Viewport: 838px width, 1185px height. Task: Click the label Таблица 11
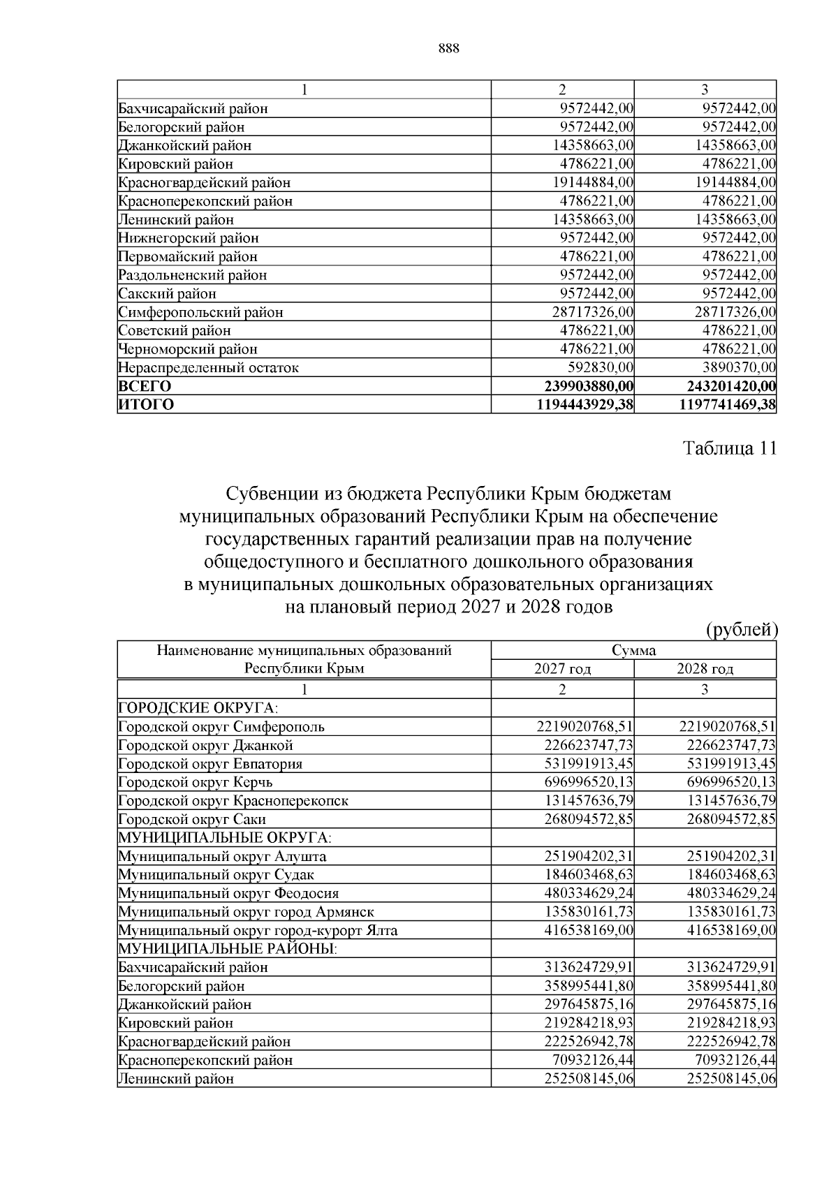click(x=729, y=448)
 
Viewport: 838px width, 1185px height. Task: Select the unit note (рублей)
click(x=741, y=630)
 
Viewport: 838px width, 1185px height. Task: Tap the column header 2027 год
click(x=562, y=669)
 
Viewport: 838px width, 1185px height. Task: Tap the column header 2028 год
click(x=705, y=669)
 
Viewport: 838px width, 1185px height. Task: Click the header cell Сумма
click(x=633, y=651)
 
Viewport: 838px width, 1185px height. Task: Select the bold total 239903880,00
click(x=588, y=386)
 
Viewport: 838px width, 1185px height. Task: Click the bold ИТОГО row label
click(x=147, y=404)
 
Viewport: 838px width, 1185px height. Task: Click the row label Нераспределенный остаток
click(x=208, y=367)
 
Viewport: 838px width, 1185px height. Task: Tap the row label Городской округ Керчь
click(x=196, y=782)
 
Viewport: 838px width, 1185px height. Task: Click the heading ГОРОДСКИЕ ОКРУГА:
click(x=189, y=707)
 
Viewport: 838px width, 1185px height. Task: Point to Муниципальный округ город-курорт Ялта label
click(x=258, y=930)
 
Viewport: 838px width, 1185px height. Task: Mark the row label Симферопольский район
click(x=200, y=312)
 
